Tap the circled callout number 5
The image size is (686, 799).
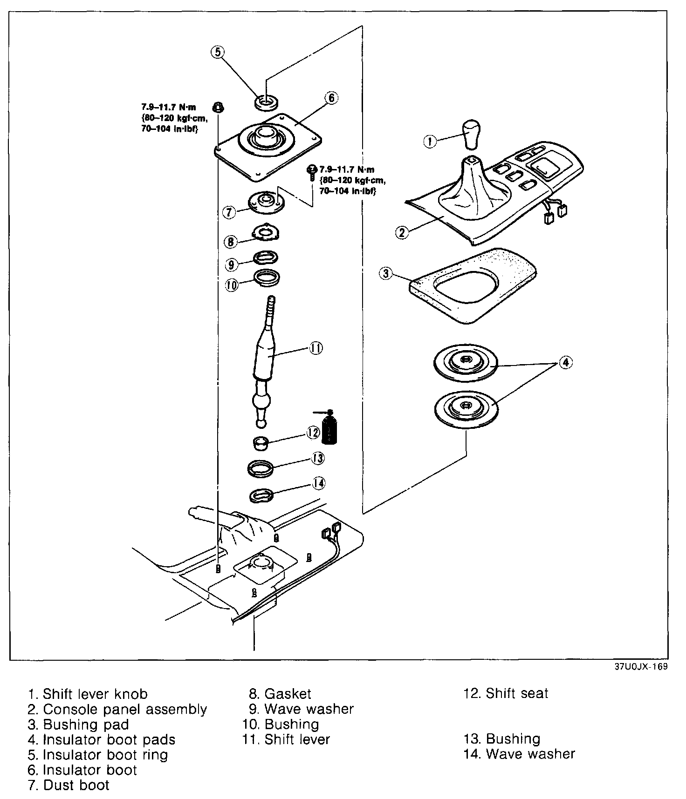coord(219,52)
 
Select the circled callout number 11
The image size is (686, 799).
coord(316,348)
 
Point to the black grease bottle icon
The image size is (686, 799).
coord(330,428)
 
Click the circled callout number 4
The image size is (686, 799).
coord(565,362)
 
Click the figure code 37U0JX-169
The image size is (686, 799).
coord(640,666)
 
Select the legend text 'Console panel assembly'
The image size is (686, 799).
coord(125,709)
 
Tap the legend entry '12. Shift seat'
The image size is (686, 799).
coord(506,693)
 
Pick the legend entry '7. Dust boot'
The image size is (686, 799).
coord(69,785)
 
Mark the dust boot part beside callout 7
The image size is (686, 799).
coord(266,203)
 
